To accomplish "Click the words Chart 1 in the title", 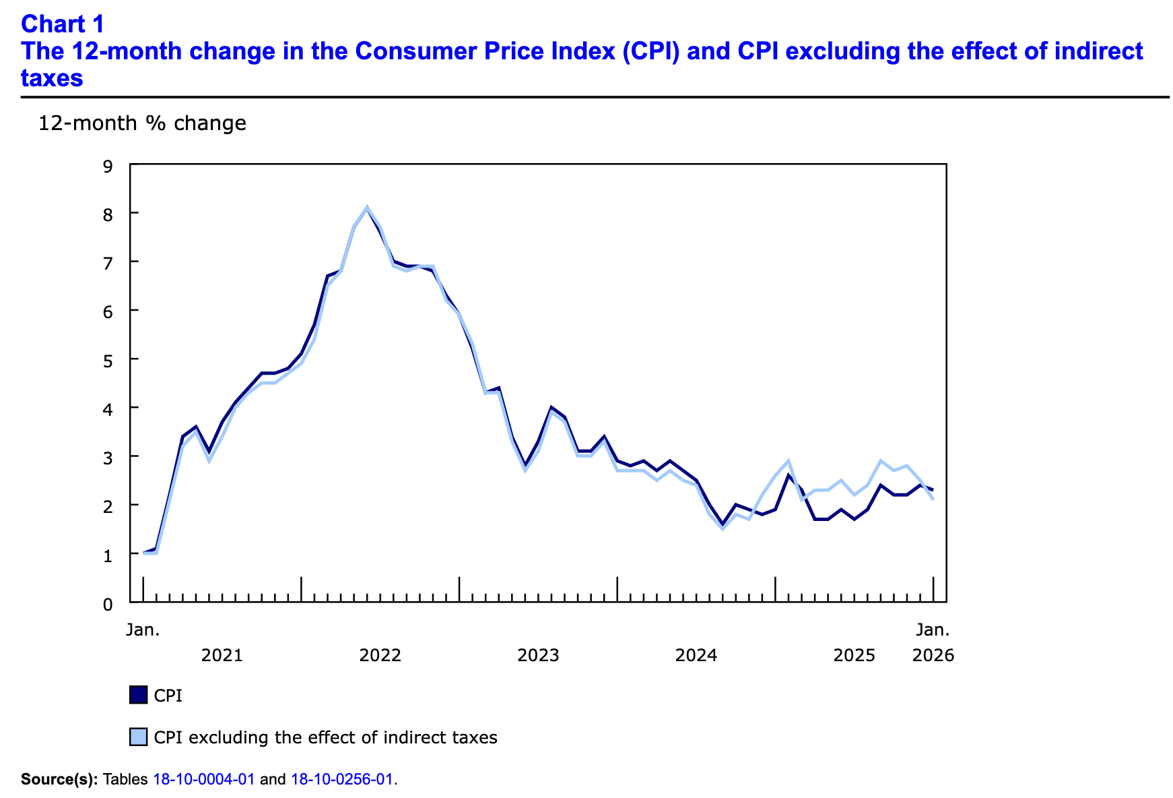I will coord(63,24).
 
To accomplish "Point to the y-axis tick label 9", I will coord(108,164).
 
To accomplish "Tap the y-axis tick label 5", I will coord(108,359).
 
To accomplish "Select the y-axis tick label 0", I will coord(108,603).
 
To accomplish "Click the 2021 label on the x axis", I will coord(222,655).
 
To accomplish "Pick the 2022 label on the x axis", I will coord(380,655).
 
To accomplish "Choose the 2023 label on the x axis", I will coord(538,655).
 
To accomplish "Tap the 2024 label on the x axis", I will coord(696,655).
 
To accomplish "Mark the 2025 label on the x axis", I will coord(854,655).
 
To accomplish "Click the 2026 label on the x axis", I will coord(933,655).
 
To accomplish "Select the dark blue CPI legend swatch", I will coord(138,695).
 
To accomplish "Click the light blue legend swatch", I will coord(138,737).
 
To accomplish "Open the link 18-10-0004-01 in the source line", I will coord(204,780).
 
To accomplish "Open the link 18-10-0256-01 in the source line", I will coord(341,780).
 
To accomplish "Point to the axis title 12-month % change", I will coord(142,123).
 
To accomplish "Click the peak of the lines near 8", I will coord(366,208).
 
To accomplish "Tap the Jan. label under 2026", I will coord(933,630).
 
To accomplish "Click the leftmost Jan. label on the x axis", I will coord(143,630).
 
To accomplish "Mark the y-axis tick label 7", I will coord(108,262).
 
